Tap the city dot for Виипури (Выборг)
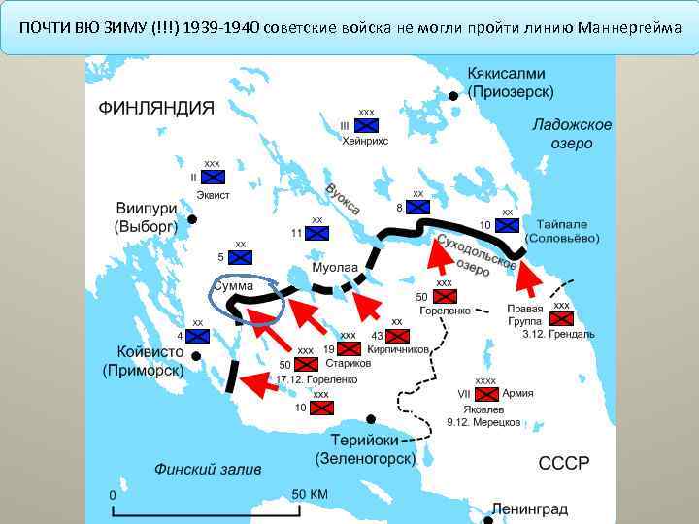tap(192, 220)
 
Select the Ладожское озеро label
tap(572, 134)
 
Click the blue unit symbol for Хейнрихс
tap(365, 125)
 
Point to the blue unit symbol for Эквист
tap(213, 177)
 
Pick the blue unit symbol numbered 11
tap(317, 233)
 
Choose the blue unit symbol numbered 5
tap(240, 257)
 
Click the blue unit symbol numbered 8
tap(417, 208)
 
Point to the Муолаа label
tap(335, 267)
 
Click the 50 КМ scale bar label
tap(310, 494)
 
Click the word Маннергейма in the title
tap(629, 26)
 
